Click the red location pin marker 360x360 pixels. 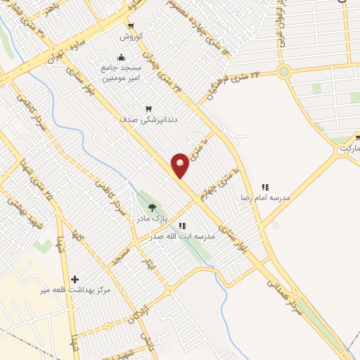pyautogui.click(x=180, y=165)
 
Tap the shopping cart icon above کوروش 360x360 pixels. pyautogui.click(x=131, y=26)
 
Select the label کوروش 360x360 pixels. pyautogui.click(x=131, y=36)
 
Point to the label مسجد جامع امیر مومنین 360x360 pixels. pyautogui.click(x=122, y=72)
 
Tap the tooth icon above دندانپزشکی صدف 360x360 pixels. pyautogui.click(x=148, y=109)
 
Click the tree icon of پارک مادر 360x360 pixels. pyautogui.click(x=152, y=207)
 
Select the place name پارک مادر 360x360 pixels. pyautogui.click(x=153, y=219)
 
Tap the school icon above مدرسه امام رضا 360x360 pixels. pyautogui.click(x=265, y=187)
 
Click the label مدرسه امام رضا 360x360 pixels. pyautogui.click(x=266, y=198)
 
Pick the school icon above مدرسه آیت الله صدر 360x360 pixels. pyautogui.click(x=182, y=226)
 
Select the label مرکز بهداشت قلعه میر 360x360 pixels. pyautogui.click(x=67, y=290)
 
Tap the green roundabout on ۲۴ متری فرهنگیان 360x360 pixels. pyautogui.click(x=284, y=71)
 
